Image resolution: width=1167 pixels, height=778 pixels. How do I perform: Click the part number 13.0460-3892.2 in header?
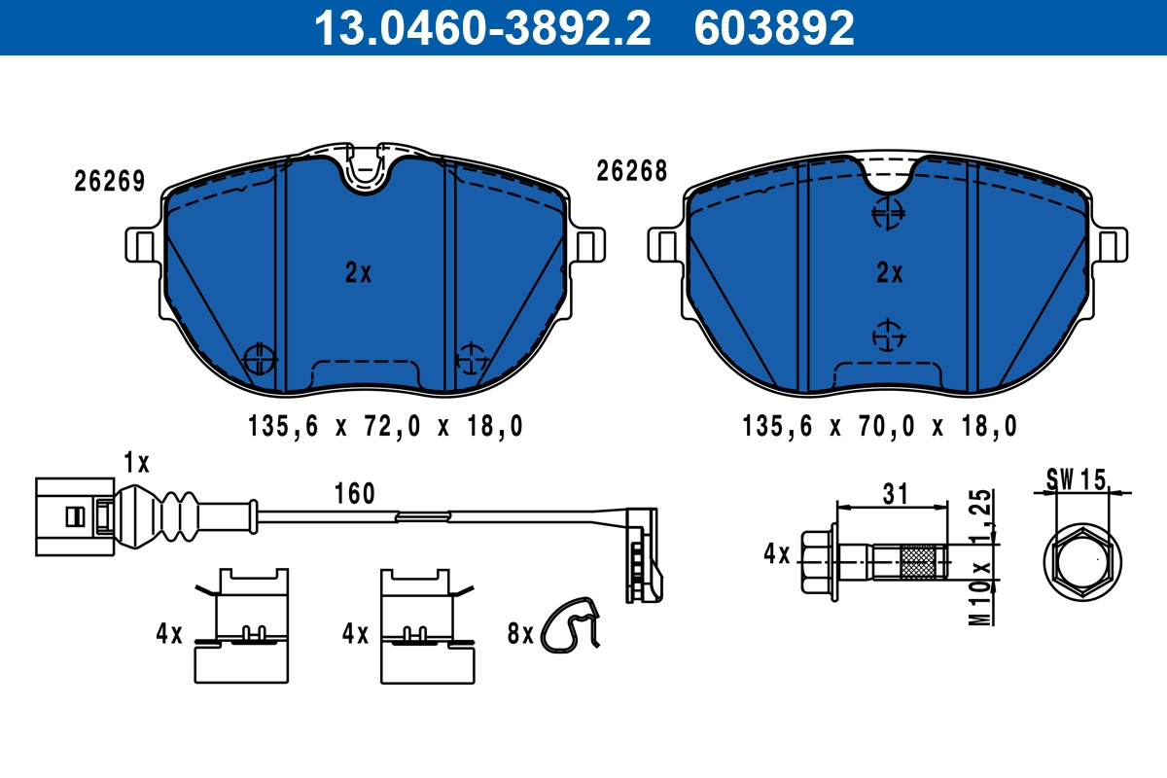481,28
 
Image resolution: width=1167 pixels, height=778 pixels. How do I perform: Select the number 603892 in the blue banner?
774,28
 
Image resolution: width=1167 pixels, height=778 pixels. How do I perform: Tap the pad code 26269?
110,181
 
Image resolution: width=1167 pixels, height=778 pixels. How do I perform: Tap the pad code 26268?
631,172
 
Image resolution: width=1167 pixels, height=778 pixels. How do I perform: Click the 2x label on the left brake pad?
358,273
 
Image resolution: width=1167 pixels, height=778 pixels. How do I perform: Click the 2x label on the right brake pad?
889,273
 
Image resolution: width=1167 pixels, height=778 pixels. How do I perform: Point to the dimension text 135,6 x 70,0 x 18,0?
879,426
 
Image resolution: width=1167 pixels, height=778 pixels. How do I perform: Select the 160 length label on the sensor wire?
355,494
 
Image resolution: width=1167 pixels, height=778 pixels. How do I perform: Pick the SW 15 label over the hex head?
1077,478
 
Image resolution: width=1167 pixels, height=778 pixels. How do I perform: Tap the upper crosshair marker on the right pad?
887,213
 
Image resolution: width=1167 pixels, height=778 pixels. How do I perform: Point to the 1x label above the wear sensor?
136,462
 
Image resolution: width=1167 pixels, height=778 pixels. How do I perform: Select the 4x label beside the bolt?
777,555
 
